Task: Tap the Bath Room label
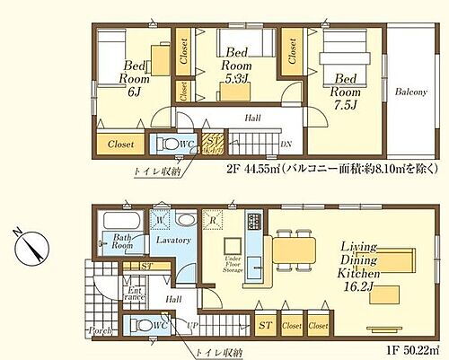tap(123, 242)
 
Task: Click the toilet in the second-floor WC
tap(167, 143)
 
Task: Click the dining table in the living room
tap(294, 246)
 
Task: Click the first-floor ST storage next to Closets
tap(266, 326)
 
